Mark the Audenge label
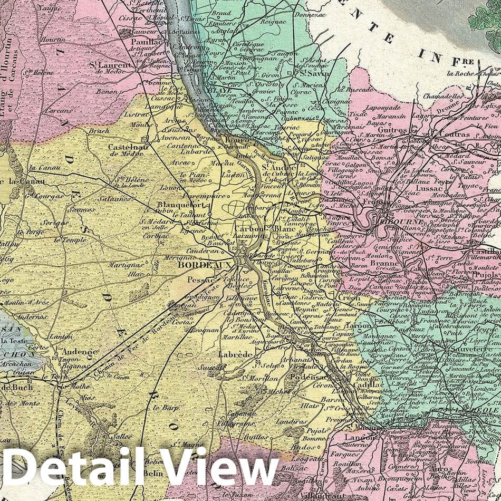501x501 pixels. pos(80,352)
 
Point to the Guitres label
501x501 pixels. pos(392,130)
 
